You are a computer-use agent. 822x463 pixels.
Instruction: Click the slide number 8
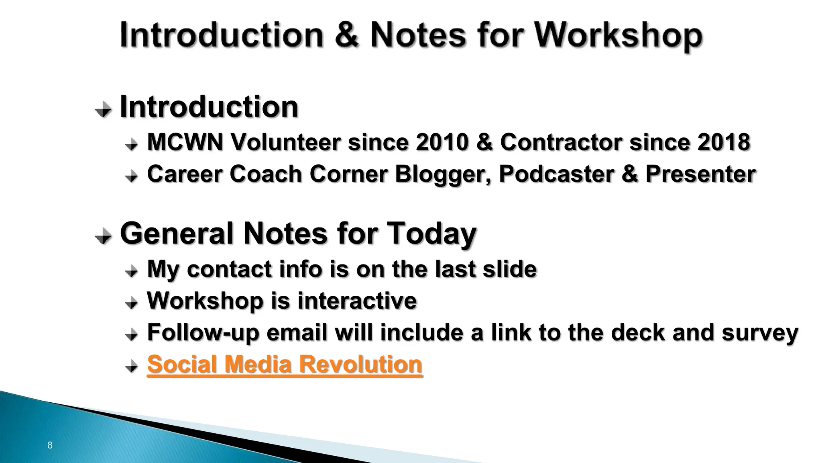[x=50, y=445]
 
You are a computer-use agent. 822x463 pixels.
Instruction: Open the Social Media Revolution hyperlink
[x=285, y=364]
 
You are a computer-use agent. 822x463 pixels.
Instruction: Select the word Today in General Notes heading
[x=431, y=234]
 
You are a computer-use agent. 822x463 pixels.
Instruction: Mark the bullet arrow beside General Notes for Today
[x=103, y=236]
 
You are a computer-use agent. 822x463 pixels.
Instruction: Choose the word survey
[x=760, y=333]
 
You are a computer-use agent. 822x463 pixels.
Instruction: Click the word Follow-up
[x=203, y=333]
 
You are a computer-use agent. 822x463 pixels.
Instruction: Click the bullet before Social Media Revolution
[x=131, y=366]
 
